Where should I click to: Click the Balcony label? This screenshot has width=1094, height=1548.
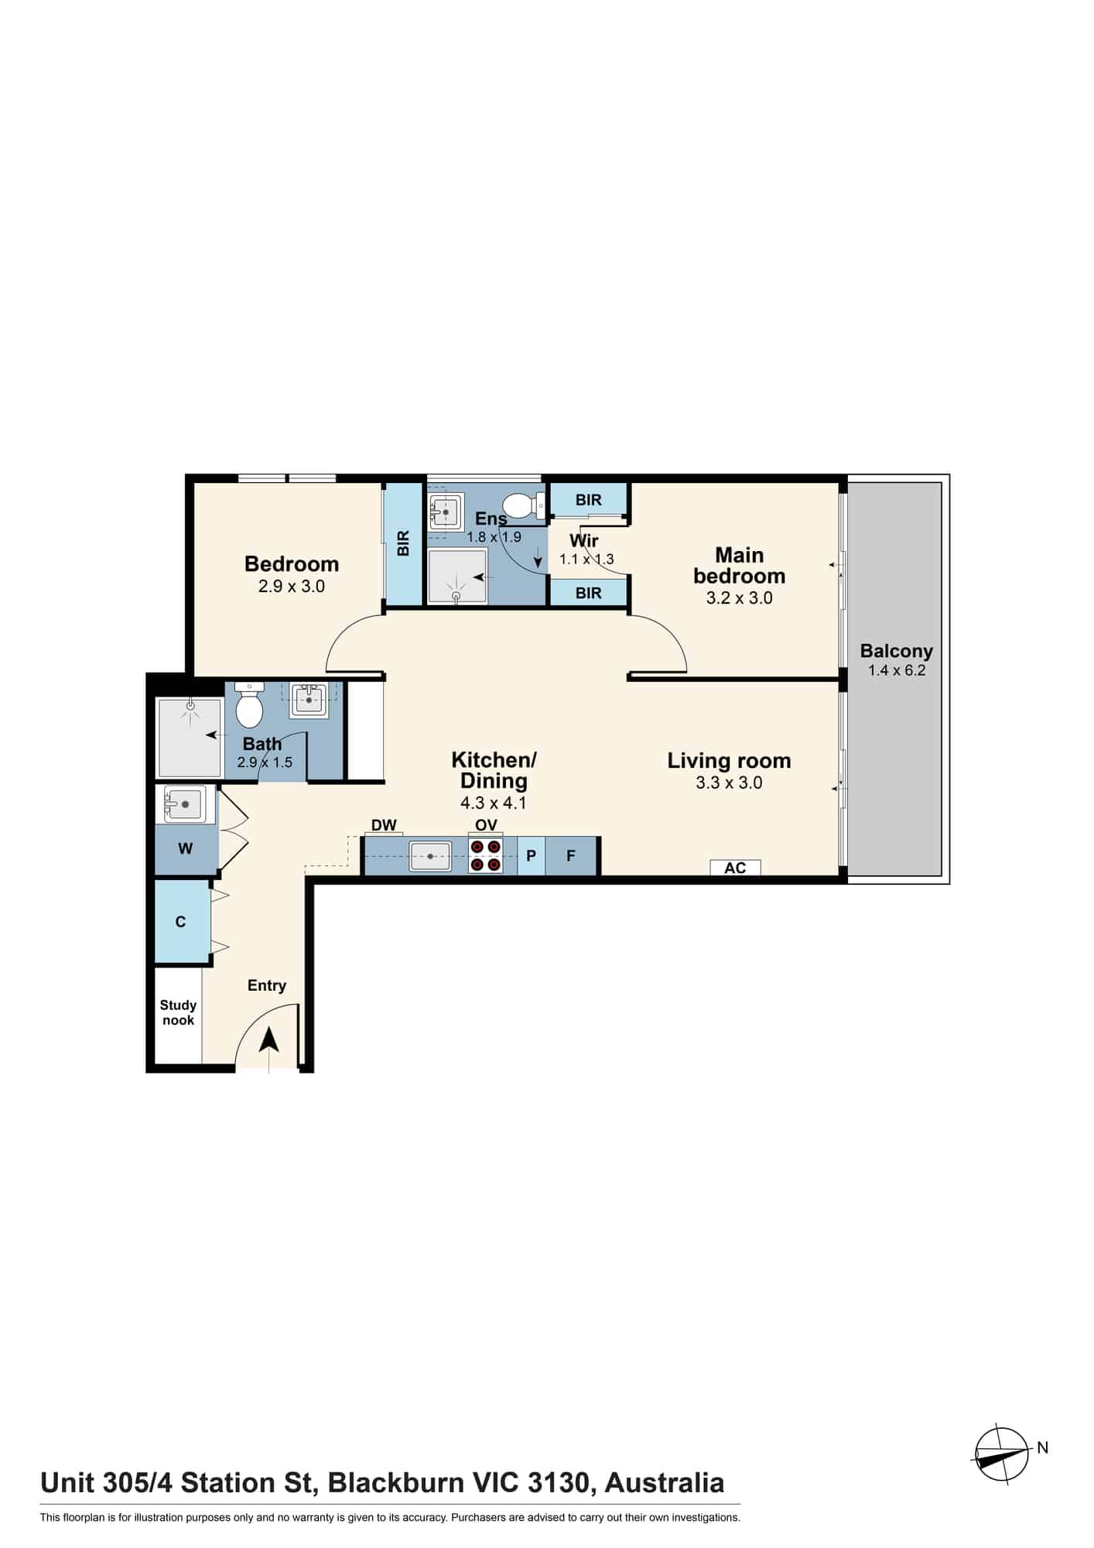point(896,651)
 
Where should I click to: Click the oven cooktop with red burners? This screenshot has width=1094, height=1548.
point(486,855)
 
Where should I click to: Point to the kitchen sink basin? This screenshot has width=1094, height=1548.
point(430,857)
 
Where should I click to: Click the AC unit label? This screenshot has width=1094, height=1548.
point(735,868)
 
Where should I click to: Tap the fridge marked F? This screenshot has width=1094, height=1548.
point(571,855)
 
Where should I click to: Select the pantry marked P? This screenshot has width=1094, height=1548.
point(532,855)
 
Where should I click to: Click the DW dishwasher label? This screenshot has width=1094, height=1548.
point(384,825)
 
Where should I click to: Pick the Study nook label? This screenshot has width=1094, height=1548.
point(178,1012)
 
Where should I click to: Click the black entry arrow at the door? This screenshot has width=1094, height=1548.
point(268,1039)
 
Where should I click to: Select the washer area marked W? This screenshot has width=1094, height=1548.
point(186,849)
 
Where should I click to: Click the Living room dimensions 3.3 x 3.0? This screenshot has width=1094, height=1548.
point(729,783)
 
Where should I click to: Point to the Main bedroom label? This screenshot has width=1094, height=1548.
point(739,566)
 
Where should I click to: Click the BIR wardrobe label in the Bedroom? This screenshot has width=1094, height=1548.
point(403,543)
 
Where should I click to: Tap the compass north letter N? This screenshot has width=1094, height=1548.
point(1042,1447)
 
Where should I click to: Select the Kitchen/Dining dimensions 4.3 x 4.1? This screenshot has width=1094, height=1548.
point(493,803)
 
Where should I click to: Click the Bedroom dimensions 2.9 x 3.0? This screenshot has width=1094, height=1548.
point(292,587)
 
